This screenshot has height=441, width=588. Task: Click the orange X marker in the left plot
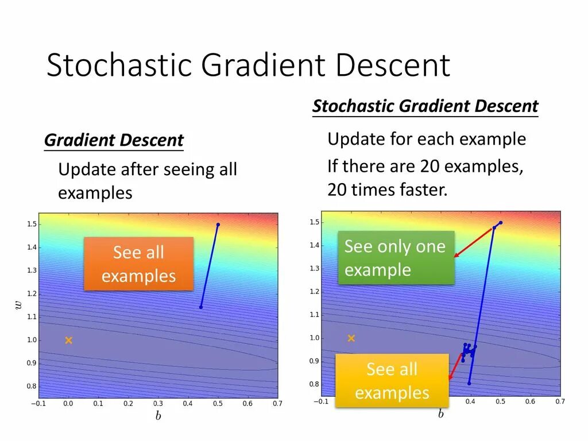tap(68, 340)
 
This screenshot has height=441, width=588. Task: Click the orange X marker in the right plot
tap(351, 338)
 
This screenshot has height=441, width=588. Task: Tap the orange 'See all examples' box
tap(139, 264)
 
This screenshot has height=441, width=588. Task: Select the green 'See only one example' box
tap(396, 258)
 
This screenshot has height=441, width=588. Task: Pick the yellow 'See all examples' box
tap(392, 380)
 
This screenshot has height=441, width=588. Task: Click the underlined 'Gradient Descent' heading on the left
tap(114, 140)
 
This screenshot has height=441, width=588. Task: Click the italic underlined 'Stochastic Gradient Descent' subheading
tap(425, 106)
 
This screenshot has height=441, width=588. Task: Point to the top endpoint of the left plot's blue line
tap(218, 225)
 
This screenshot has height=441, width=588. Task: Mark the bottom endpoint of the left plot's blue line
tap(201, 307)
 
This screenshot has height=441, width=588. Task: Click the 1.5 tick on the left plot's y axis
tap(32, 225)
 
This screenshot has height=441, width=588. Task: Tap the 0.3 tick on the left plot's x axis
tap(158, 404)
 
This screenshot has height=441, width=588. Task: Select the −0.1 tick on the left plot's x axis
tap(38, 404)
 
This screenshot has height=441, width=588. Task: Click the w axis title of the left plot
tap(18, 305)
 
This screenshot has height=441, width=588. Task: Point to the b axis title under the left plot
tap(158, 416)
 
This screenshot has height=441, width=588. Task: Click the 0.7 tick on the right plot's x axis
tap(560, 401)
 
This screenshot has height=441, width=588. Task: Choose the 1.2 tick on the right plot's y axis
tap(314, 291)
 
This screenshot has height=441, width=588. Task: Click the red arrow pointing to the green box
tap(473, 242)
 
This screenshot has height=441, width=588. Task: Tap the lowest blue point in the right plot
tap(469, 383)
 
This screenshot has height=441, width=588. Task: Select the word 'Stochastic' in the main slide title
tap(119, 65)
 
